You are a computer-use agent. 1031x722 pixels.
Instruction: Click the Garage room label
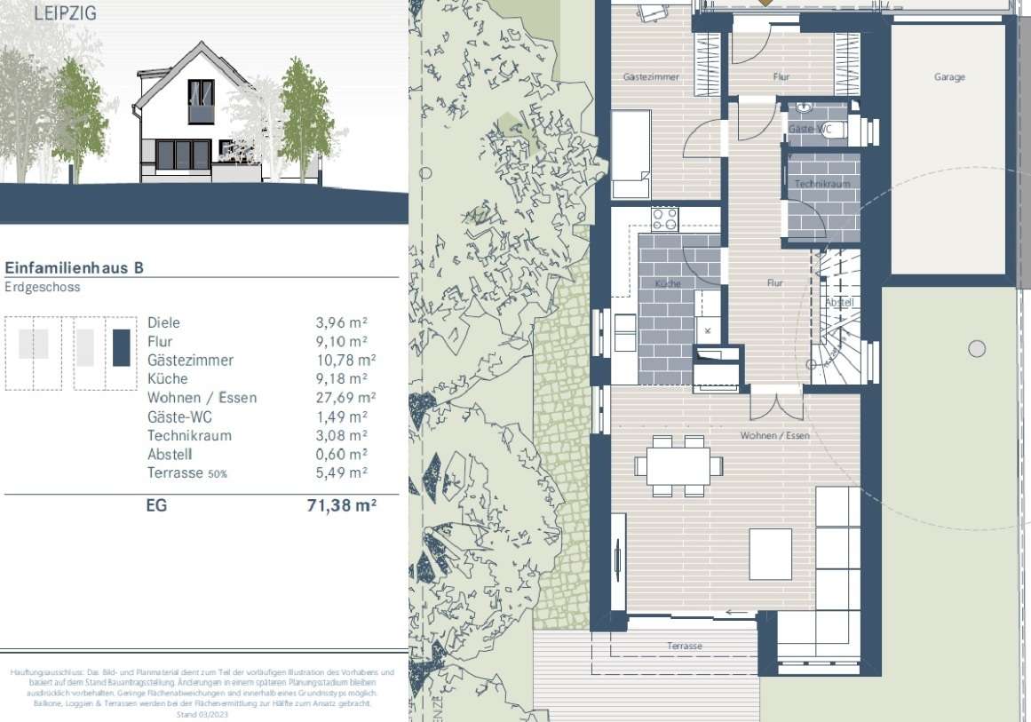[x=948, y=77]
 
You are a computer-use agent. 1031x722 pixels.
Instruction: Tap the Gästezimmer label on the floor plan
[x=651, y=77]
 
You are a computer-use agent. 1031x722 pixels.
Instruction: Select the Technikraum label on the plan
[x=823, y=184]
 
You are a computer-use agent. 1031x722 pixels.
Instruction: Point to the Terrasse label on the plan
[x=684, y=647]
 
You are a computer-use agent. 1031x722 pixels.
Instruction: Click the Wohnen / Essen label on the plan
[x=775, y=436]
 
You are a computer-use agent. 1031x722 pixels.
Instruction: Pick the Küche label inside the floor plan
[x=668, y=283]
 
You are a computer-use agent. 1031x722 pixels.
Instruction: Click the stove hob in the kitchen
[x=665, y=218]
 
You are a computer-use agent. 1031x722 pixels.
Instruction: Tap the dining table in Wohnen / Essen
[x=678, y=464]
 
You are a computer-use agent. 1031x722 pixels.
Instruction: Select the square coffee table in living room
[x=770, y=553]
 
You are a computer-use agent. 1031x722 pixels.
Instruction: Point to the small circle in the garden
[x=977, y=349]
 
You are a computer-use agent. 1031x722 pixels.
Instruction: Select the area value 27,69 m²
[x=340, y=398]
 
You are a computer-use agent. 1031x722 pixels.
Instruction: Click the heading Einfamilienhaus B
[x=75, y=266]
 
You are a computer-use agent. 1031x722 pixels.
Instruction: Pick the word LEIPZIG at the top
[x=65, y=13]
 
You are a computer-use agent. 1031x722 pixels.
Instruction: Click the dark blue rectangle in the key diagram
[x=122, y=347]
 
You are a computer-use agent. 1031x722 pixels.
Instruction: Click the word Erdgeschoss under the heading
[x=43, y=288]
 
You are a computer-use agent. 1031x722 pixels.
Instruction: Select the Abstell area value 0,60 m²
[x=340, y=455]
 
